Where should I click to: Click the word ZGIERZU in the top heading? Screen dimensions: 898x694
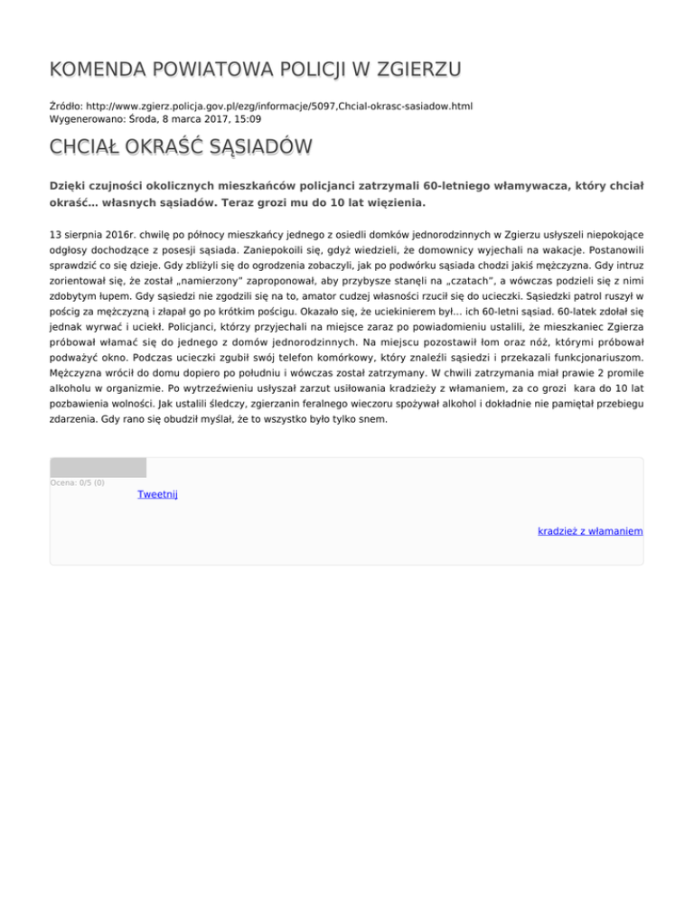415,70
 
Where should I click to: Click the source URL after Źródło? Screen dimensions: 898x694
279,106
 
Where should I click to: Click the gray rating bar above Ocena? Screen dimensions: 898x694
98,467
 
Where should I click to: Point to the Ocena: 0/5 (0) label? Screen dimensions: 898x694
77,482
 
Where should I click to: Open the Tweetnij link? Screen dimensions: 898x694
157,494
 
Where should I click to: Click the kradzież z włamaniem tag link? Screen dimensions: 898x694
589,530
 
